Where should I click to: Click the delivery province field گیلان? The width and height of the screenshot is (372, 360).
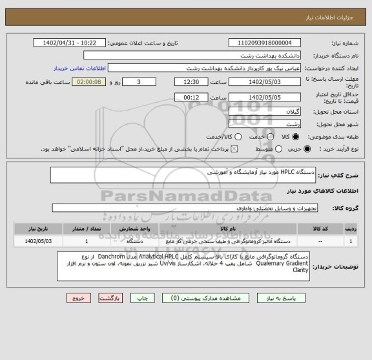coord(274,112)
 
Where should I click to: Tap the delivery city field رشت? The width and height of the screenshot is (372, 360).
coord(274,124)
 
